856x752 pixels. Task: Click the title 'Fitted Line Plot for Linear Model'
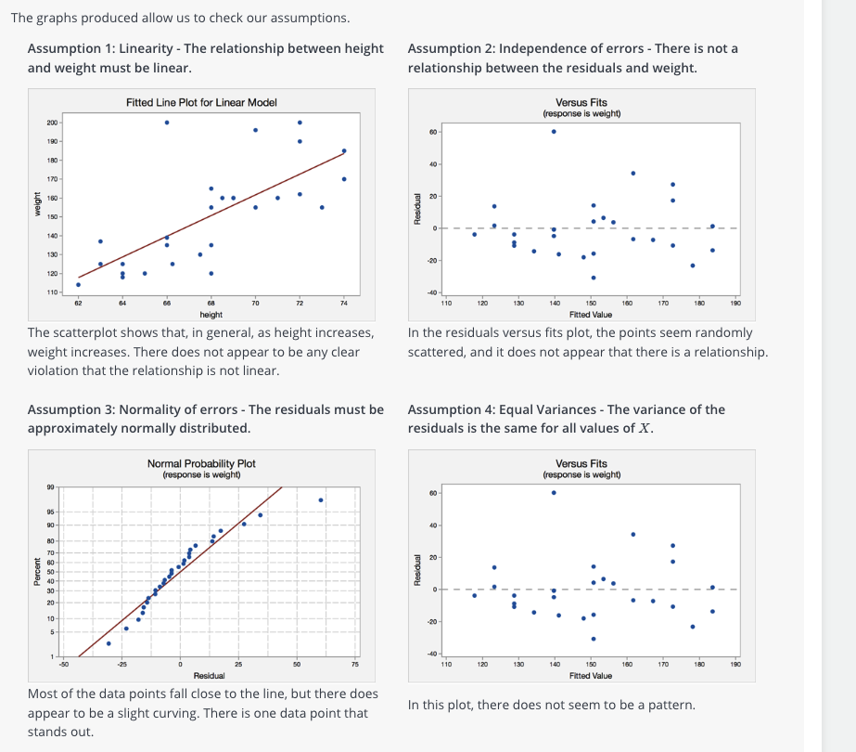[201, 102]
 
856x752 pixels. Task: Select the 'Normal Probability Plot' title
[201, 463]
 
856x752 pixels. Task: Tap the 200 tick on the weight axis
[52, 123]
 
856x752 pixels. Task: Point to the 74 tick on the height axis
[344, 303]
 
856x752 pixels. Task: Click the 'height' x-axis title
[211, 315]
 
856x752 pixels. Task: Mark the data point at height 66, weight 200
[167, 123]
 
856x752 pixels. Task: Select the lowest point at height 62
[78, 285]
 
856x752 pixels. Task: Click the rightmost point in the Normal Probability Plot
[321, 499]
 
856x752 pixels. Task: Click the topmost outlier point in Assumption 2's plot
[554, 131]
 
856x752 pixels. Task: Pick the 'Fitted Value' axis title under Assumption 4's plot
[591, 676]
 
